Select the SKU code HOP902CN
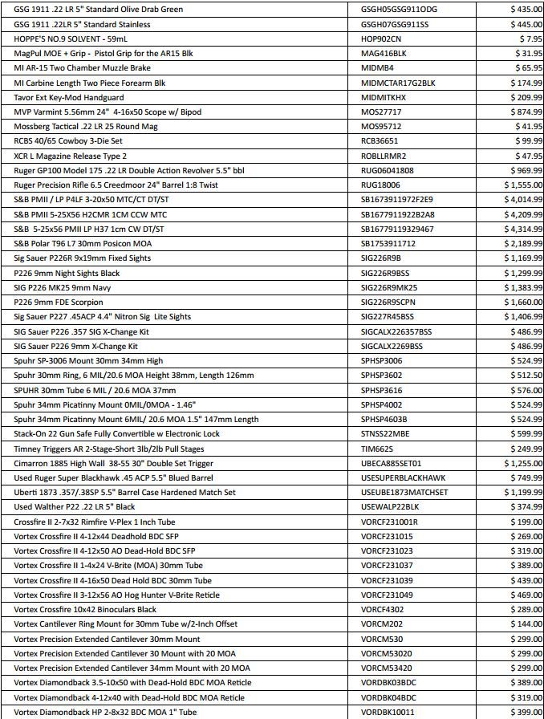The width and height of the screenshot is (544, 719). [x=381, y=39]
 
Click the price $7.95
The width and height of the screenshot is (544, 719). [x=530, y=39]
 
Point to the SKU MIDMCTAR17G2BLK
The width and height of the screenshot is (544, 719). [x=398, y=83]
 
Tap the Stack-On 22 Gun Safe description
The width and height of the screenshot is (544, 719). [x=116, y=433]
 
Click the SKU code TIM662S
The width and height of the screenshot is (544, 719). [x=378, y=449]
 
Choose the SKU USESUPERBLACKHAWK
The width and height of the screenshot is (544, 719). [x=403, y=477]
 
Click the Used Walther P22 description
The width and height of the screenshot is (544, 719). [x=75, y=507]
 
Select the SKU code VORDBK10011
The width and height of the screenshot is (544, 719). [x=388, y=712]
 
